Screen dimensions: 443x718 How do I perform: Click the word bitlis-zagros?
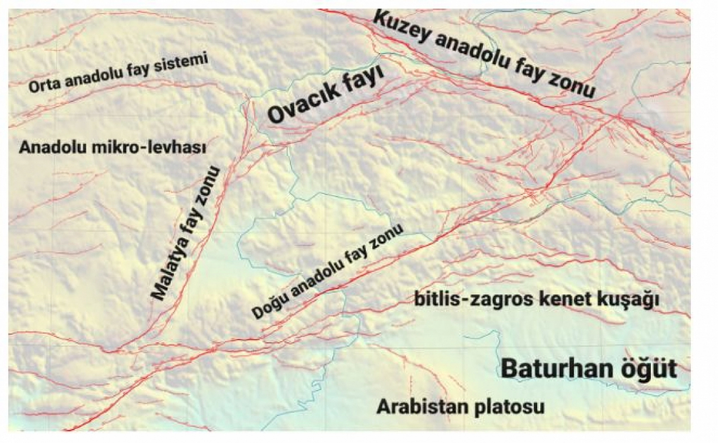coord(474,300)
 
